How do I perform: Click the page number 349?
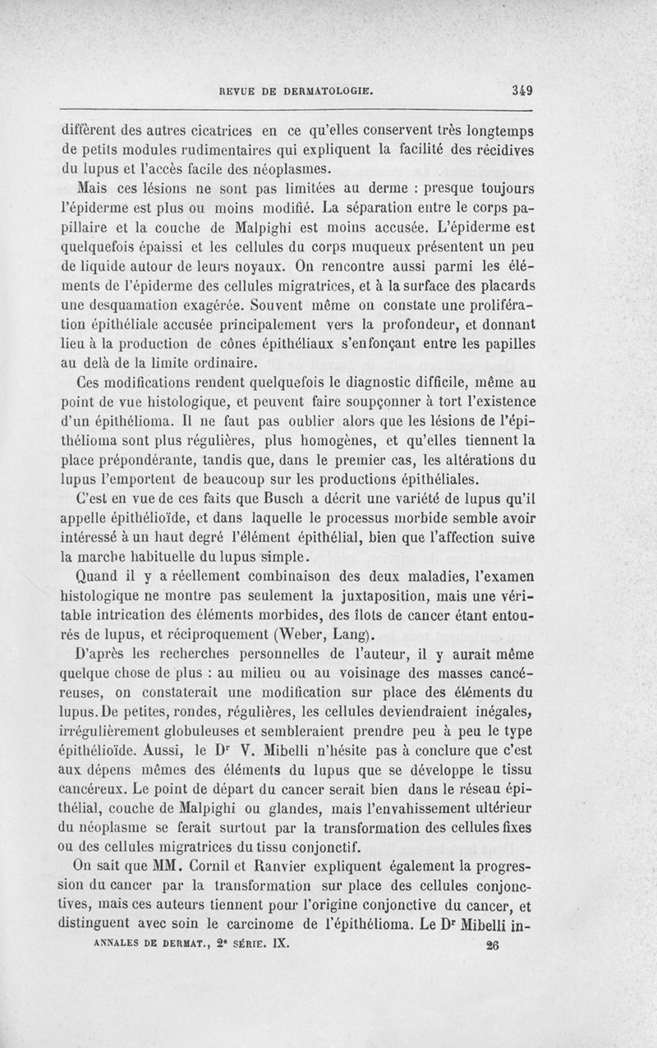pos(521,91)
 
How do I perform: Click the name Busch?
pos(257,500)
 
